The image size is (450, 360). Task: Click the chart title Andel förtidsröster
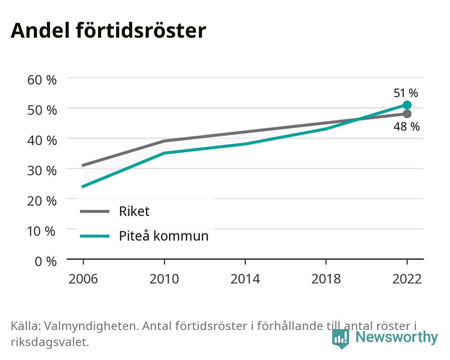(108, 31)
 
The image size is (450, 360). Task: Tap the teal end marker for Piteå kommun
(407, 105)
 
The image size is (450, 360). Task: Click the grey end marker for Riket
(407, 114)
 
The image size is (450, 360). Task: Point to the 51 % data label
(406, 93)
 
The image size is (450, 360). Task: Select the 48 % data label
(406, 126)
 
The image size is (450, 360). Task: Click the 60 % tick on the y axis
(42, 80)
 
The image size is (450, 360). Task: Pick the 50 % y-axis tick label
(42, 110)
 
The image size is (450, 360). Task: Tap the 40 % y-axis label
(42, 140)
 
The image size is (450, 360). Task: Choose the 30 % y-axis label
(42, 171)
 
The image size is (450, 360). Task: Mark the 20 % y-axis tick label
(42, 201)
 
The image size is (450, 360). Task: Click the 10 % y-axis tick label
(41, 231)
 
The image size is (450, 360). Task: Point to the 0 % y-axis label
(45, 262)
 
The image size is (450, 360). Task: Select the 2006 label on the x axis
(83, 279)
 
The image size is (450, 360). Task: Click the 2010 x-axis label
(164, 279)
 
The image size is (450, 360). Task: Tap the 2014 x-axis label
(245, 279)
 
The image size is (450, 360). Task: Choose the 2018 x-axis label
(326, 279)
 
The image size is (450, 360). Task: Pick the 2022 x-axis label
(407, 279)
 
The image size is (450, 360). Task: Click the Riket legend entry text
(134, 211)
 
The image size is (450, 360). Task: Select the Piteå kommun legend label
(164, 236)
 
